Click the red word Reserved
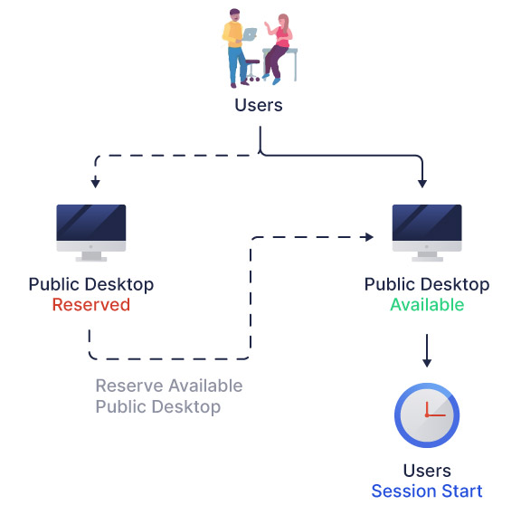(91, 304)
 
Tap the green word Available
(427, 304)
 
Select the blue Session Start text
(427, 491)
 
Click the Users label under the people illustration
(259, 105)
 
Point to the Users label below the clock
(427, 471)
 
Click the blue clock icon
(427, 415)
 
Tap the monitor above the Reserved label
(91, 233)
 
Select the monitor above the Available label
(427, 233)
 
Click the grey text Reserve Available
(169, 386)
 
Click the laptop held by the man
(250, 33)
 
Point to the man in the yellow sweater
(235, 48)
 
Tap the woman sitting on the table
(279, 48)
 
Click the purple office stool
(252, 71)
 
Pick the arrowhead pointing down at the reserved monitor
(96, 183)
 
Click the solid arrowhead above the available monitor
(422, 183)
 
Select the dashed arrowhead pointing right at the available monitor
(369, 237)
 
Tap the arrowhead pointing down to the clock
(427, 363)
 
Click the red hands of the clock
(432, 411)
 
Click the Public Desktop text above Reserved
(91, 284)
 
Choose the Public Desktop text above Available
(427, 284)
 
